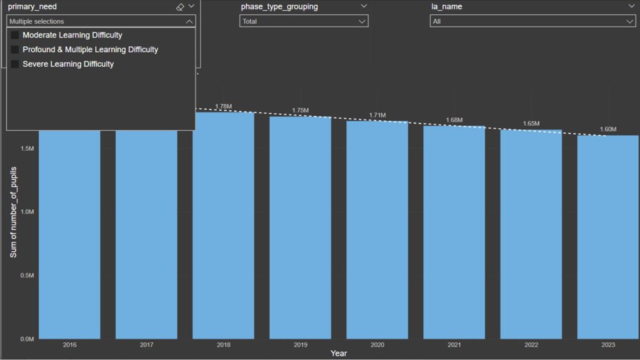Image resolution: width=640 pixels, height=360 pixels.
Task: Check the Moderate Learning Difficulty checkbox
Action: click(15, 35)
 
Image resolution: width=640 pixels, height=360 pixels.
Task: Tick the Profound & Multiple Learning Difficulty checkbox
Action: click(15, 50)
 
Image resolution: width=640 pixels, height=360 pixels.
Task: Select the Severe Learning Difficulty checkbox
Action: click(15, 64)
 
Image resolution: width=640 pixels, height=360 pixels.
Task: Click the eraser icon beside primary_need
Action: click(180, 7)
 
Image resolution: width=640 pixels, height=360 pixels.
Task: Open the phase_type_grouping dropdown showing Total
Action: click(304, 21)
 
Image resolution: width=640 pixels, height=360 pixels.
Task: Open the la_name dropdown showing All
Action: click(533, 21)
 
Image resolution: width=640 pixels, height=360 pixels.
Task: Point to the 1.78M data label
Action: click(223, 107)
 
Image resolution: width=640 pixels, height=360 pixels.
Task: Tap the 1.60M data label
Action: click(608, 129)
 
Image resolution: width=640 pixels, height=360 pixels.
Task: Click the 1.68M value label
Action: click(454, 120)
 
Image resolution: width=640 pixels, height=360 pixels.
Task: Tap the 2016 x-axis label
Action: click(70, 345)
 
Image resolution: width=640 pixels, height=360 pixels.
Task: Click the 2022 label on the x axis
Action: click(531, 345)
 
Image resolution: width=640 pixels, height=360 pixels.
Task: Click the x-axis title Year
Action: click(338, 354)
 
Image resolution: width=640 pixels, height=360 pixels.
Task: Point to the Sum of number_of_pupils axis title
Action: click(13, 212)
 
